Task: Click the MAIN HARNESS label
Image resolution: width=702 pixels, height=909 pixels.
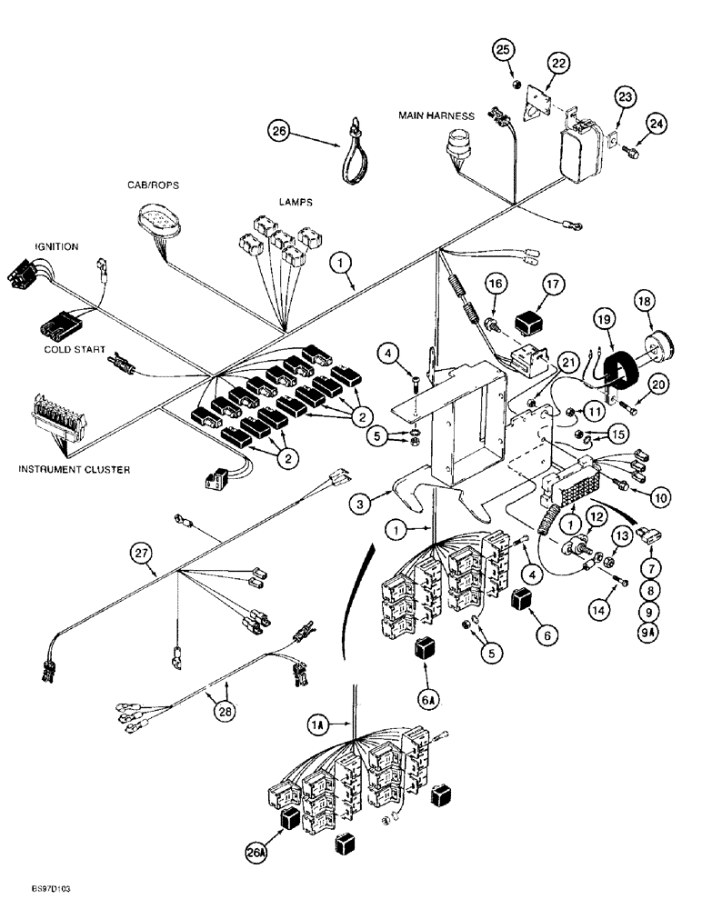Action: click(436, 115)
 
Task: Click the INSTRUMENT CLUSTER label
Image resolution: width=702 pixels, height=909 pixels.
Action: click(75, 469)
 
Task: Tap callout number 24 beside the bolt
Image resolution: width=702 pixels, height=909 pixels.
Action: click(657, 124)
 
